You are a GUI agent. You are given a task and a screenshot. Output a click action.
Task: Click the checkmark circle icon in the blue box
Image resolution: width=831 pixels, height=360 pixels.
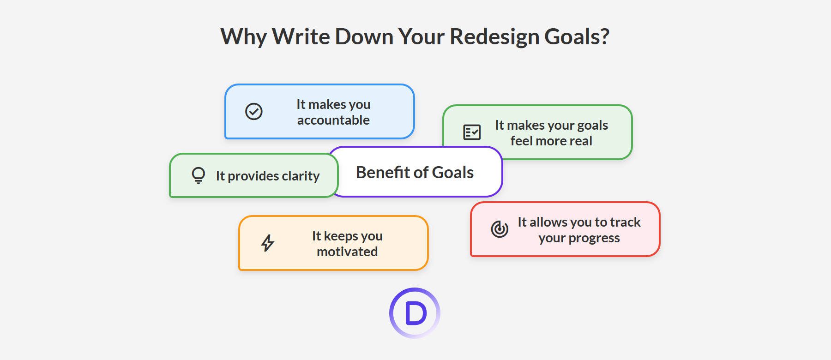tap(253, 111)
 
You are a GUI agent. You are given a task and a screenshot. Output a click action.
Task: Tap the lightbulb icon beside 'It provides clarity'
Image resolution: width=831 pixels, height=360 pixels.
tap(198, 175)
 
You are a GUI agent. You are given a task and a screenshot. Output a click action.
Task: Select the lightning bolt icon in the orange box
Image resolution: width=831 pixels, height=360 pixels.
tap(268, 243)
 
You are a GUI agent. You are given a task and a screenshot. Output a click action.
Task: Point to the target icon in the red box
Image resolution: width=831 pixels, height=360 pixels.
tap(500, 229)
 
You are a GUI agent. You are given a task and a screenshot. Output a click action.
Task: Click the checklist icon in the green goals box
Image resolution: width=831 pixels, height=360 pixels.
tap(472, 132)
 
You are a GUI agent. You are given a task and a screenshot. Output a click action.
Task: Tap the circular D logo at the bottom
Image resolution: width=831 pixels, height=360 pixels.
tap(415, 313)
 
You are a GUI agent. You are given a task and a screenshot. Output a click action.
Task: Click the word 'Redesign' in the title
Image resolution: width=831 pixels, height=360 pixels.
tap(494, 36)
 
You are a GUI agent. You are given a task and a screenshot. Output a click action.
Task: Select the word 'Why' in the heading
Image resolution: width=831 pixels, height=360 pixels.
tap(243, 36)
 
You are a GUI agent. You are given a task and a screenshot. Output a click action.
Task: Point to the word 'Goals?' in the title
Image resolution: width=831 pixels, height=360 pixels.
tap(577, 36)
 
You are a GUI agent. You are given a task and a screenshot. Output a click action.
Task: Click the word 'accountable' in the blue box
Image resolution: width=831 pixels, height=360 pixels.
tap(333, 120)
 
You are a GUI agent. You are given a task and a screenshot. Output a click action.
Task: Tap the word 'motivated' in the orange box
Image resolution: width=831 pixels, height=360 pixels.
tap(347, 252)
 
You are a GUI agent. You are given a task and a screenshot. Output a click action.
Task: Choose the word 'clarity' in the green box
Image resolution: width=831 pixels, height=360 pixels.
tap(301, 176)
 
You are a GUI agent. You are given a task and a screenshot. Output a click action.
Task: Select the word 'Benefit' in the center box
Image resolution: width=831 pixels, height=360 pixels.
tap(383, 172)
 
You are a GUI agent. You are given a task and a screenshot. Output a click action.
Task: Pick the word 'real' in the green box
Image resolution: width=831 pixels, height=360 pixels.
tap(580, 141)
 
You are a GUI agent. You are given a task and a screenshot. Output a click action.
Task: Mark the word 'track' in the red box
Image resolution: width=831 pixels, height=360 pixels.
tap(625, 222)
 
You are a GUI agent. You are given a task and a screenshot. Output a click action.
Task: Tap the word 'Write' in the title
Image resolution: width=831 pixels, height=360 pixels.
tap(301, 36)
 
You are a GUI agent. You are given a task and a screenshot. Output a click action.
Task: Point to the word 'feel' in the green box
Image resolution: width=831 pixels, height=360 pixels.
tap(521, 141)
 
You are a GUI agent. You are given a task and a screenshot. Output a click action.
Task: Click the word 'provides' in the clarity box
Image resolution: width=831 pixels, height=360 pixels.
tap(253, 176)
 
